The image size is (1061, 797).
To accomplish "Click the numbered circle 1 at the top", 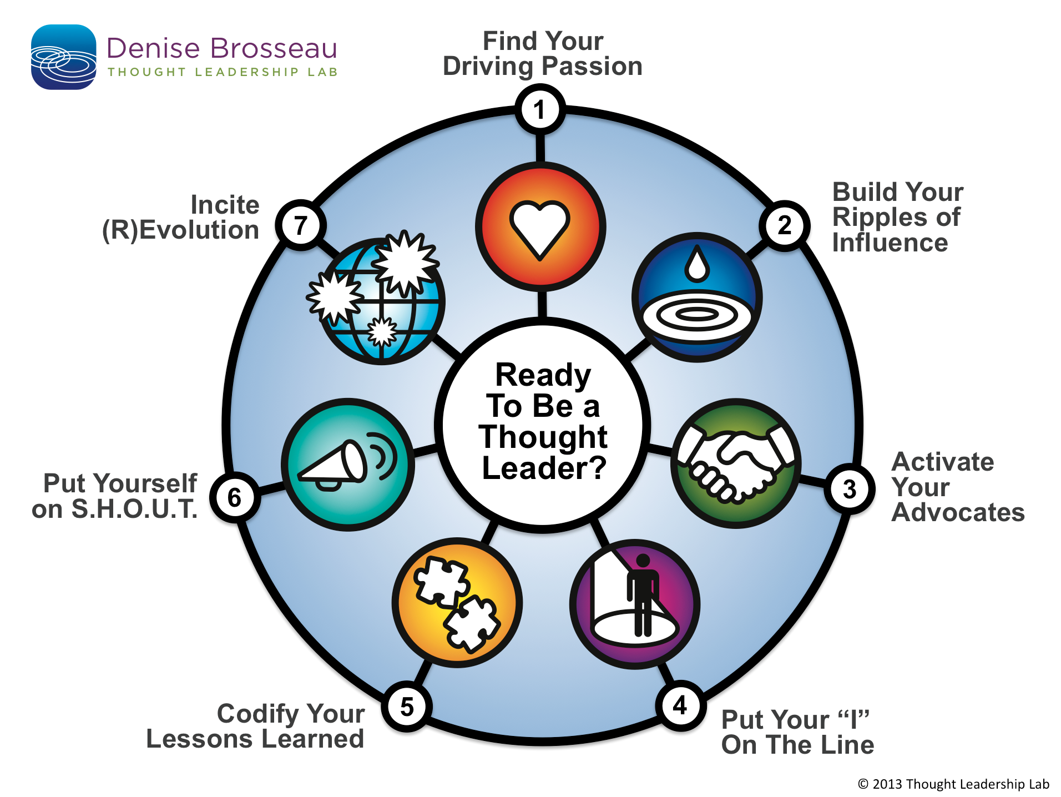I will (x=540, y=109).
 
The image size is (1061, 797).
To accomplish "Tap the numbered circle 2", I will (x=784, y=225).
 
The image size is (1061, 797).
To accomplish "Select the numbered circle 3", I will (x=849, y=490).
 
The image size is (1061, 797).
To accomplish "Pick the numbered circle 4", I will (x=680, y=706).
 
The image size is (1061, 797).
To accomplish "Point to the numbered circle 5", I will (x=407, y=707).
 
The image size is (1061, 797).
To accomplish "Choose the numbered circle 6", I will (x=235, y=497).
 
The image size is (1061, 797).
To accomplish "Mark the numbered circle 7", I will (x=300, y=225).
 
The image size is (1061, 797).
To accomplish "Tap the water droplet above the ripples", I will (x=697, y=264).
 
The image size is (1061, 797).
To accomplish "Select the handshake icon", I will (x=736, y=463).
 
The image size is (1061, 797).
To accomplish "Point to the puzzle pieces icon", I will (x=457, y=603).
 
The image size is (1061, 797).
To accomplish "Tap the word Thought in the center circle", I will (x=543, y=437).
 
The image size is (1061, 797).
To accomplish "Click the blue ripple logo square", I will (x=63, y=57).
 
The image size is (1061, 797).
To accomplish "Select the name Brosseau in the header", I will (x=274, y=48).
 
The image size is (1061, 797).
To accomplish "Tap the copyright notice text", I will (x=953, y=784).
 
